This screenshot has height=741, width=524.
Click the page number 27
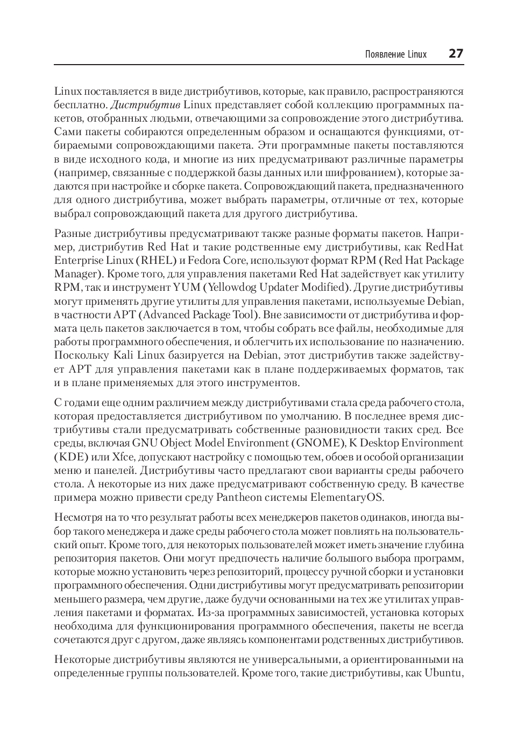tap(456, 54)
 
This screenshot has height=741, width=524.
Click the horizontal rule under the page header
tap(259, 65)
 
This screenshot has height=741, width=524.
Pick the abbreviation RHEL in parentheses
tap(156, 261)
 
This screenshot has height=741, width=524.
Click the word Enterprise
tap(78, 261)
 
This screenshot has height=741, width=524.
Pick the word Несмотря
tap(77, 518)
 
